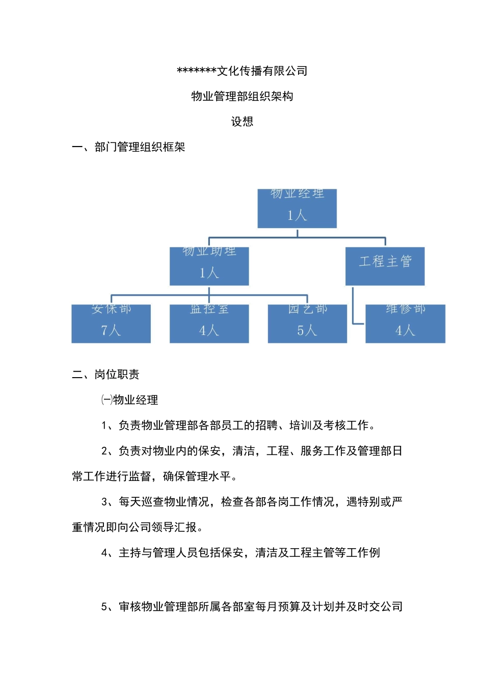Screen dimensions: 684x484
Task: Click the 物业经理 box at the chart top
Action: click(x=297, y=208)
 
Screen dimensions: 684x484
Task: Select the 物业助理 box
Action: click(x=209, y=266)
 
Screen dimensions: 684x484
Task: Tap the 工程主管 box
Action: click(x=385, y=266)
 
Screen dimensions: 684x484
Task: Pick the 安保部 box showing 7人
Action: click(x=111, y=323)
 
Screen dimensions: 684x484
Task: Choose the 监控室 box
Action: click(x=209, y=323)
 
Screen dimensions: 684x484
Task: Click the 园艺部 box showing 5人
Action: click(x=307, y=323)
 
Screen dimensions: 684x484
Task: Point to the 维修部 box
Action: click(x=405, y=323)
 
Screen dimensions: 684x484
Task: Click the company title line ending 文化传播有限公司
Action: click(x=242, y=71)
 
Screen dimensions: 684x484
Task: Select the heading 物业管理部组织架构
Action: click(x=242, y=96)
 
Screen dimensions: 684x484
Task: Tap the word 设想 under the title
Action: click(x=242, y=122)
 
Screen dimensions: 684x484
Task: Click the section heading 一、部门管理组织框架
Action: click(x=128, y=147)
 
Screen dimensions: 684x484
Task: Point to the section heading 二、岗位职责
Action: click(x=105, y=375)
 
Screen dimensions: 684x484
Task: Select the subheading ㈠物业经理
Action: click(x=129, y=400)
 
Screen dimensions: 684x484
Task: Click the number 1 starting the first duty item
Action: click(x=104, y=425)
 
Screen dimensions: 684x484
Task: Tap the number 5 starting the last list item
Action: click(x=104, y=607)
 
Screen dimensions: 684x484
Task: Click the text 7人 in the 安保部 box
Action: click(x=111, y=330)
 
